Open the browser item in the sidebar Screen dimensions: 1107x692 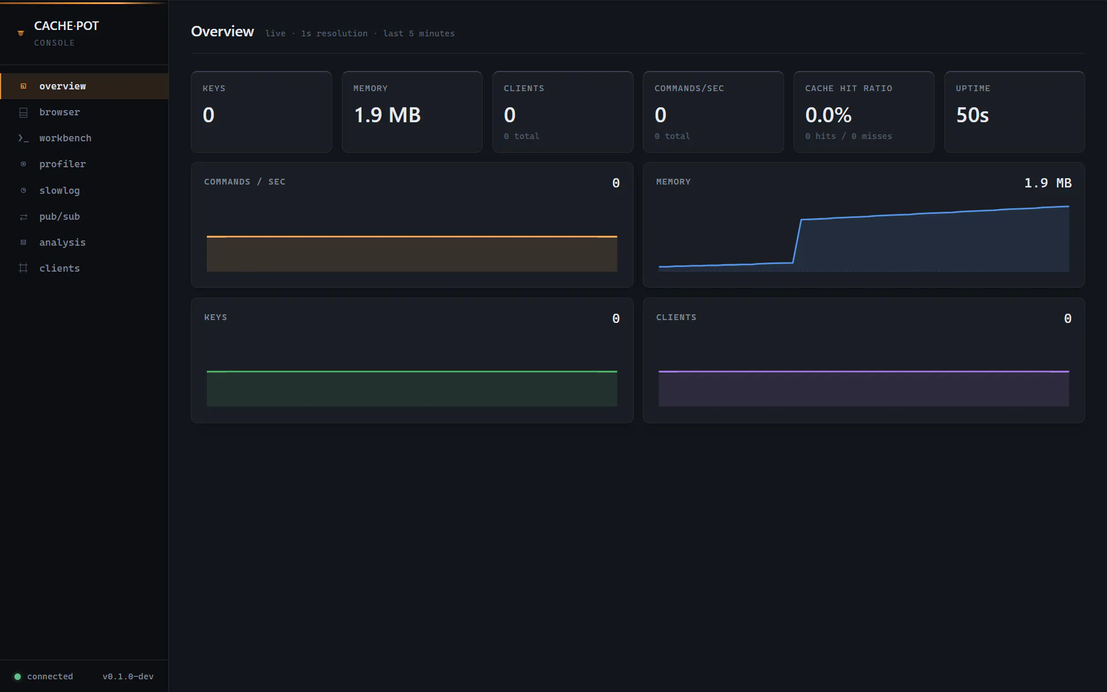tap(59, 112)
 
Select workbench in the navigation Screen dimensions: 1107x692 tap(65, 138)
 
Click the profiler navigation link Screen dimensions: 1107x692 tap(62, 164)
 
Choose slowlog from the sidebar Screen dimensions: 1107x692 tap(59, 190)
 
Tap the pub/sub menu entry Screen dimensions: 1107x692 tap(59, 216)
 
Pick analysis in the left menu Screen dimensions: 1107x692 tap(62, 242)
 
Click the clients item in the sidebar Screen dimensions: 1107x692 tap(59, 268)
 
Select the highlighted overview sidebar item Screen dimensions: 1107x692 tap(62, 86)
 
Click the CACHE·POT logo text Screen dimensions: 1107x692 tap(66, 26)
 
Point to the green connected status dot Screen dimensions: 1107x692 tap(17, 676)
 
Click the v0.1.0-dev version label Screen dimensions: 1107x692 tap(128, 676)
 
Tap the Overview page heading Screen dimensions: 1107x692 tap(223, 32)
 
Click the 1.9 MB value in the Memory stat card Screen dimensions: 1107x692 tap(387, 115)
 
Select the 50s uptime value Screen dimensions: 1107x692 tap(973, 115)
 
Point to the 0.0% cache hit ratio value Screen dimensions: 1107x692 tap(829, 115)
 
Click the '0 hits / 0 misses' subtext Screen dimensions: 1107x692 tap(849, 136)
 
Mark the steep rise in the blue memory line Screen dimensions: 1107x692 tap(797, 241)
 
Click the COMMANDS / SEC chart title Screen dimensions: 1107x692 tap(244, 182)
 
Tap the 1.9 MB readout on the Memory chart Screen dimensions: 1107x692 tap(1048, 183)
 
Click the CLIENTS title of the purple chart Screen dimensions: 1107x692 tap(676, 317)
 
